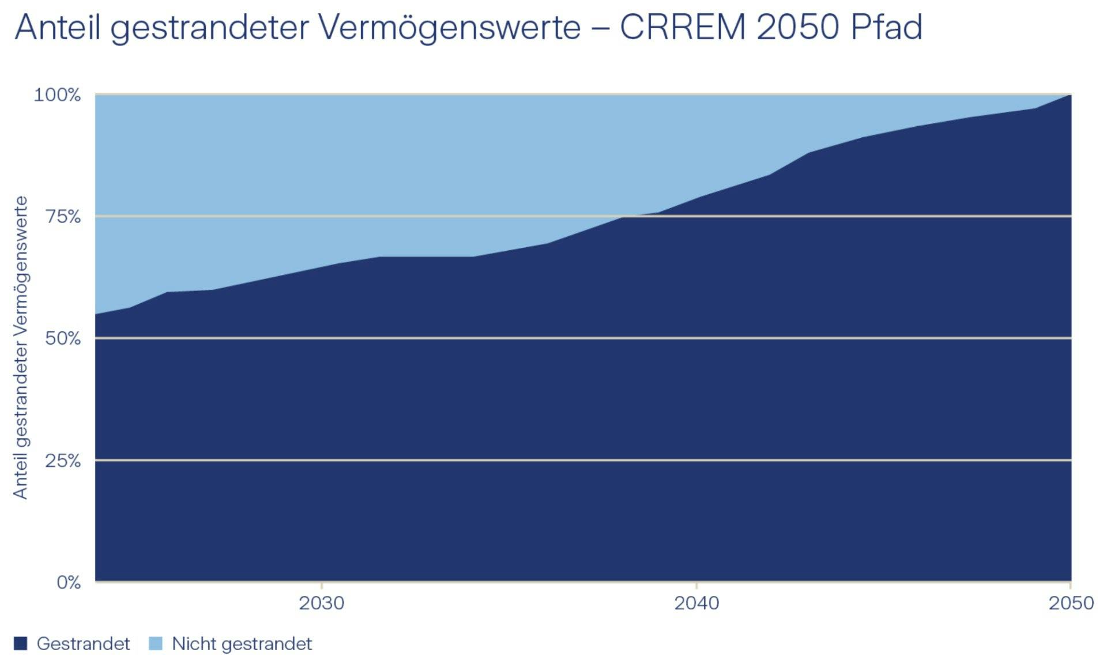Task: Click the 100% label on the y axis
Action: coord(57,95)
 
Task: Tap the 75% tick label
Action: coord(62,217)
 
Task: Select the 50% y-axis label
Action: coord(62,338)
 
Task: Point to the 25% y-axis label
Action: coord(62,461)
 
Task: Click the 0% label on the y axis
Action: coord(68,582)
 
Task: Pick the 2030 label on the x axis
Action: coord(321,603)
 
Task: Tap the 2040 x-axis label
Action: coord(696,603)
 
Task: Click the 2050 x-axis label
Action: coord(1071,603)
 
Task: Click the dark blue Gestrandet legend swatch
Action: coord(21,643)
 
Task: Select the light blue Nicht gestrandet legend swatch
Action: coord(156,643)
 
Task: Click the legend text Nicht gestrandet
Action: coord(242,644)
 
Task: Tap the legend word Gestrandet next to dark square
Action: coord(83,644)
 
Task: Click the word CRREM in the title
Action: coord(683,27)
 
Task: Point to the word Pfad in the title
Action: coord(886,27)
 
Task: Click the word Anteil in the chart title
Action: coord(58,27)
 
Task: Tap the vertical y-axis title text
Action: coord(21,347)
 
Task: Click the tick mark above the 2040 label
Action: coord(696,586)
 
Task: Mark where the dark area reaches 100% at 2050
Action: coord(1070,96)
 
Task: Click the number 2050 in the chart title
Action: coord(797,27)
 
